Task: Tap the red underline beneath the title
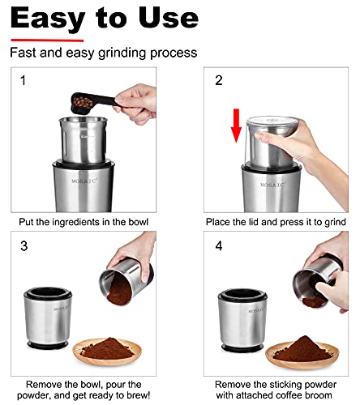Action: (47, 38)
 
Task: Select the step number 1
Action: (23, 82)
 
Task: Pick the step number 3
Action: (23, 245)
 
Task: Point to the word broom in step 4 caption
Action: (320, 395)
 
